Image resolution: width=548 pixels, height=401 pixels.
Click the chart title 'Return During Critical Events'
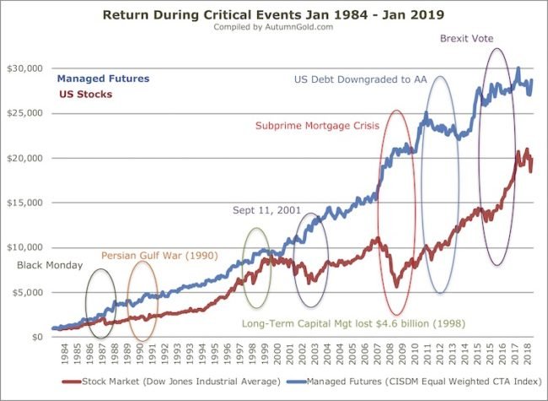pos(274,14)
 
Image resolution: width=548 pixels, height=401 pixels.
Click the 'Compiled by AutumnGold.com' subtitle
pos(274,27)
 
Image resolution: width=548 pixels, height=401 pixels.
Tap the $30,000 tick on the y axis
pos(28,68)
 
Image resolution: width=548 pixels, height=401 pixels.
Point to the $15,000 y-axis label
pos(28,203)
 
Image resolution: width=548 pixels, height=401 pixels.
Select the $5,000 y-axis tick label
pos(30,292)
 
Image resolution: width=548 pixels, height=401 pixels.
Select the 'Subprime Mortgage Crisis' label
pos(317,126)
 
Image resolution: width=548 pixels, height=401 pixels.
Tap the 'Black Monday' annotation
pos(50,265)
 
